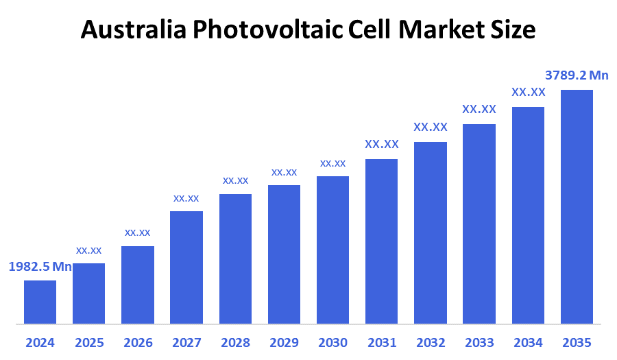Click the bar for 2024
pyautogui.click(x=40, y=302)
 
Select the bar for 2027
pyautogui.click(x=186, y=267)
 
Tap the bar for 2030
pyautogui.click(x=332, y=250)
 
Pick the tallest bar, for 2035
pyautogui.click(x=577, y=206)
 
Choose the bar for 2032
pyautogui.click(x=431, y=232)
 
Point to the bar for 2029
pyautogui.click(x=284, y=254)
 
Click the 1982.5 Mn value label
pyautogui.click(x=40, y=267)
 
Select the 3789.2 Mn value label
pyautogui.click(x=577, y=75)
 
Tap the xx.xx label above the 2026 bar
pyautogui.click(x=137, y=232)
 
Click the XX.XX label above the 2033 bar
pyautogui.click(x=479, y=109)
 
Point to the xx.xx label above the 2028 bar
pyautogui.click(x=235, y=180)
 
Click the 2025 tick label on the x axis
pyautogui.click(x=88, y=342)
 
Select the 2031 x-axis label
pyautogui.click(x=382, y=342)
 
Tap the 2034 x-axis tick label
pyautogui.click(x=528, y=342)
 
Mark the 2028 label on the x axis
pyautogui.click(x=235, y=342)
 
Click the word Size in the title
pyautogui.click(x=514, y=29)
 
